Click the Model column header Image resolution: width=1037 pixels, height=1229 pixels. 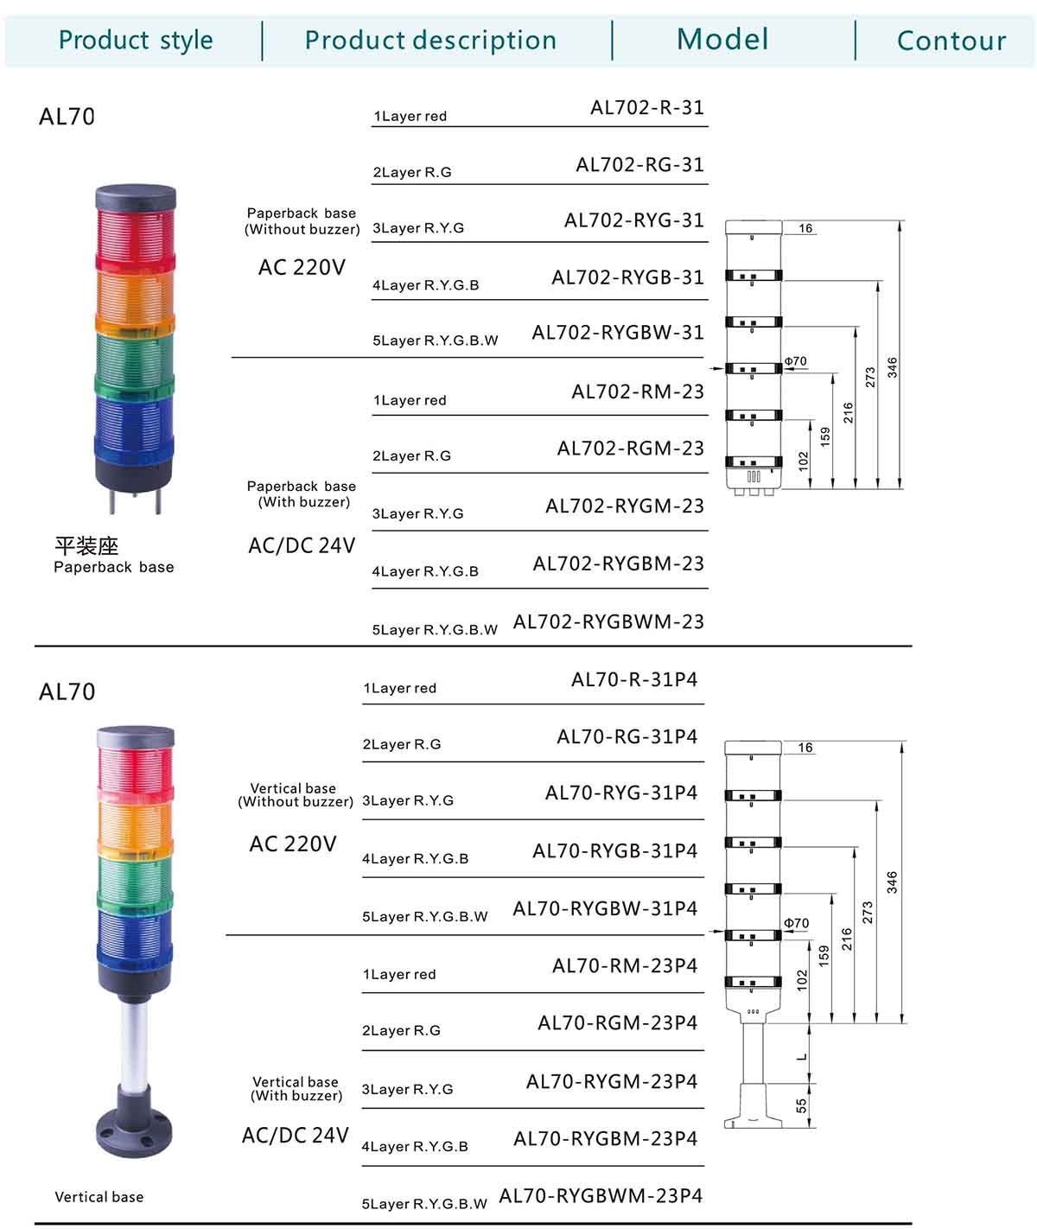pos(722,40)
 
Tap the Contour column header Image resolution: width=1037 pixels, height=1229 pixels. pos(951,41)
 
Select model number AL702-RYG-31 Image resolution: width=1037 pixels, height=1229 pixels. pos(633,220)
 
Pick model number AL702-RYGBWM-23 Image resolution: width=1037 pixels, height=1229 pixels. pos(608,621)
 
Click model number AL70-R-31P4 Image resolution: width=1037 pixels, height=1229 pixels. pos(634,679)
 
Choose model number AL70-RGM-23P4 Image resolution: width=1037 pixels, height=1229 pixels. pos(617,1022)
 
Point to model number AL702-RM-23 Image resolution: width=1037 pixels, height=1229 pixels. pos(638,392)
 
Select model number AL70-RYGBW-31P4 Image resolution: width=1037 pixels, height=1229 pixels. pos(605,908)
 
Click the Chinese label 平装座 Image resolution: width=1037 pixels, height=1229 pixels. pos(86,546)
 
